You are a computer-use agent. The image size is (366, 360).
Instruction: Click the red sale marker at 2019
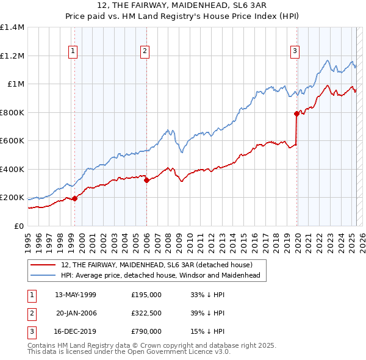[x=296, y=113]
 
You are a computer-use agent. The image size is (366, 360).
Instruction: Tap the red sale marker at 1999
[x=74, y=198]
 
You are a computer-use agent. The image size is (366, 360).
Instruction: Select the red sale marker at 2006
[x=147, y=181]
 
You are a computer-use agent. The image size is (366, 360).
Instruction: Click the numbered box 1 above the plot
[x=73, y=52]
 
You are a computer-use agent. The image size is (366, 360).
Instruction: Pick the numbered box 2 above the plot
[x=145, y=52]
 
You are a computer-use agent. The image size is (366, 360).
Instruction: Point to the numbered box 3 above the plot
[x=295, y=52]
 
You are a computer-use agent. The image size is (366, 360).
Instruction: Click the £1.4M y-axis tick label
[x=12, y=27]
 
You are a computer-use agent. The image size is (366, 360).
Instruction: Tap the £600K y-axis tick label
[x=12, y=141]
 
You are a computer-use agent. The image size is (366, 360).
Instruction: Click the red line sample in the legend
[x=43, y=264]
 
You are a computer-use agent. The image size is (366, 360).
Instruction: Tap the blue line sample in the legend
[x=43, y=275]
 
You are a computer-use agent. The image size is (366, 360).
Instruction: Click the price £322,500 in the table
[x=146, y=313]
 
